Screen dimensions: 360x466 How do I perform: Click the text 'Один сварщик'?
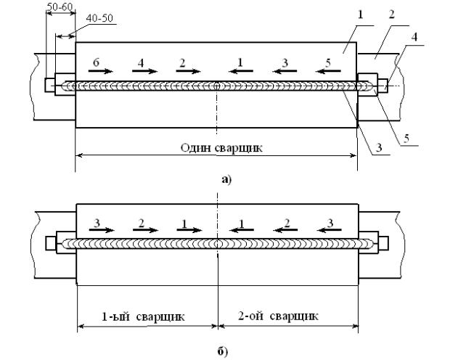tap(215, 147)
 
